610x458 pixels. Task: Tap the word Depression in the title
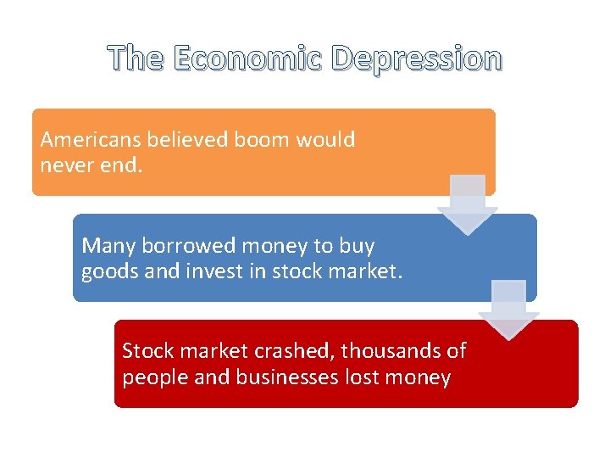tap(416, 59)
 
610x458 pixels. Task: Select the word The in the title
tap(136, 59)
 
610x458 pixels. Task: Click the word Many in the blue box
tap(108, 246)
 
